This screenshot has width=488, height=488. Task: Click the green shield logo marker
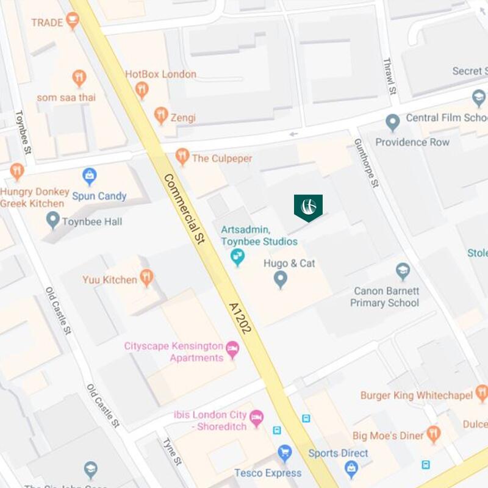(x=308, y=207)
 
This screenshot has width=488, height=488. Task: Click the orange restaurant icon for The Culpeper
(x=182, y=156)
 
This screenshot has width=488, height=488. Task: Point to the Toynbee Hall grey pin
(x=53, y=220)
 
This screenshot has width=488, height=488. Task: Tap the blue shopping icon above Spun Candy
(x=90, y=176)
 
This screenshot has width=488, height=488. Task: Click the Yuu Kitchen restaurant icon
(x=146, y=278)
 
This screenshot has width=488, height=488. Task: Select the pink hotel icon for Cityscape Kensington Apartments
(x=232, y=350)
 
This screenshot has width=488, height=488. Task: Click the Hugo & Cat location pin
(x=280, y=279)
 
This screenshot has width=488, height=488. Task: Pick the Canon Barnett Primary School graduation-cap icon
(x=403, y=270)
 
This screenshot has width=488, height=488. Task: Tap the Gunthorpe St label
(x=367, y=162)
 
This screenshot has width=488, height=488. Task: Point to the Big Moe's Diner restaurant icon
(x=434, y=434)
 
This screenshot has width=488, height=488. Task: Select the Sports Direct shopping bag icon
(x=351, y=468)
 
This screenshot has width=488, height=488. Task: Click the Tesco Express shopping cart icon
(x=284, y=453)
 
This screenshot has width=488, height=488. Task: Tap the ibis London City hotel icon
(x=257, y=418)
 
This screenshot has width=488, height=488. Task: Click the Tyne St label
(x=173, y=451)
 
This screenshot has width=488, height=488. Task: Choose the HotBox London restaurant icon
(x=142, y=90)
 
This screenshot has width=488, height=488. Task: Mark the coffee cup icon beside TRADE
(x=73, y=21)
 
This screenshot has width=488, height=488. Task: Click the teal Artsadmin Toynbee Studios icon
(x=238, y=257)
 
